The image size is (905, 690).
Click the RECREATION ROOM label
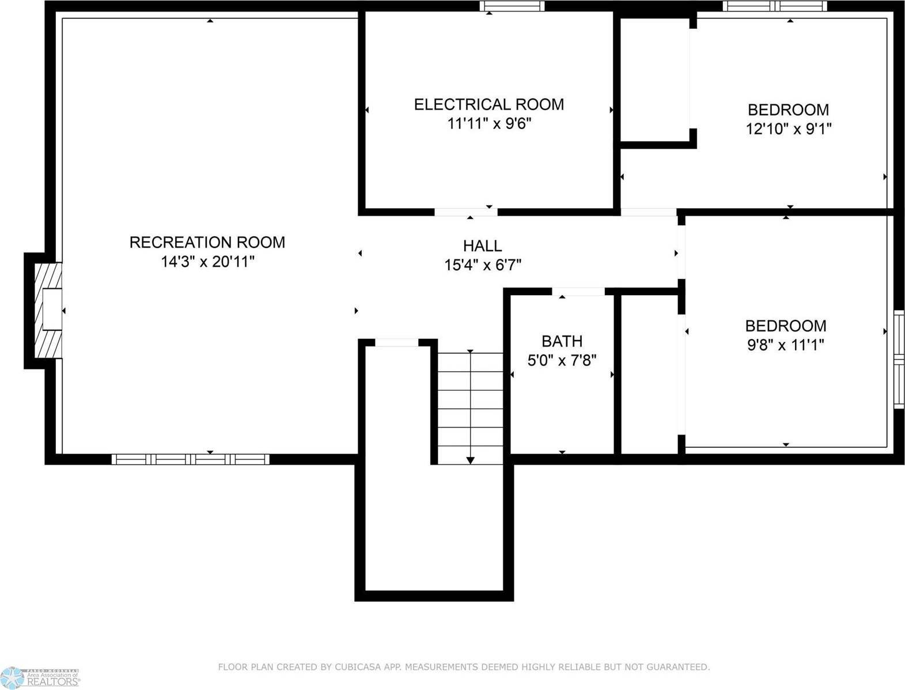click(207, 242)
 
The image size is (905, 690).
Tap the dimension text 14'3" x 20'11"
click(207, 262)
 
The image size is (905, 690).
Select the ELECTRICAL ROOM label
click(489, 104)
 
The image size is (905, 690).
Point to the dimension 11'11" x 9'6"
click(489, 123)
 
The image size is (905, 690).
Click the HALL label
click(482, 246)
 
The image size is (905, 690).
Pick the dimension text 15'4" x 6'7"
click(482, 265)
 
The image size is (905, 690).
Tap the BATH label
click(562, 341)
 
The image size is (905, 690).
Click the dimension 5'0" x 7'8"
click(562, 360)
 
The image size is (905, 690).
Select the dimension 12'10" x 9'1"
click(788, 129)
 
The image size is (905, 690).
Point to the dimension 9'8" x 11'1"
click(785, 345)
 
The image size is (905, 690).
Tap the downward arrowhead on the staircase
click(470, 460)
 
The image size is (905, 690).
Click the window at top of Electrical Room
click(512, 6)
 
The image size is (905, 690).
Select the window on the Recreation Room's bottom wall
click(190, 459)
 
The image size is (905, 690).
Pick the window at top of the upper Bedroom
click(775, 6)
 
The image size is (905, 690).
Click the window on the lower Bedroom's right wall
click(899, 360)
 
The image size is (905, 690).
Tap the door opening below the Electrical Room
click(465, 212)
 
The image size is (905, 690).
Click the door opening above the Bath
click(578, 292)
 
